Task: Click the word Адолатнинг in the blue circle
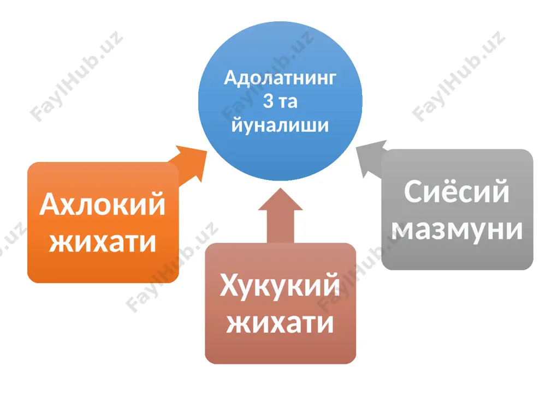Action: click(x=280, y=78)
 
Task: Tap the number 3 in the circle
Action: click(x=268, y=101)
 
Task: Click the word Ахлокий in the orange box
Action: click(x=102, y=204)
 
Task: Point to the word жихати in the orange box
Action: click(x=103, y=243)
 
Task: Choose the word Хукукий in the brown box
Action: click(x=280, y=285)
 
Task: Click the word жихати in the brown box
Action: click(x=280, y=323)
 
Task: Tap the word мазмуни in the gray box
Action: click(x=457, y=230)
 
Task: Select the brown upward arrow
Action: click(x=280, y=215)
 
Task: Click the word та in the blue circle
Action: click(x=288, y=102)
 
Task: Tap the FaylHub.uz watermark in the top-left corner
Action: click(x=76, y=76)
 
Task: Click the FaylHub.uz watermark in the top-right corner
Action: click(x=458, y=76)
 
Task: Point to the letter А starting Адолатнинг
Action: click(x=232, y=77)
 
